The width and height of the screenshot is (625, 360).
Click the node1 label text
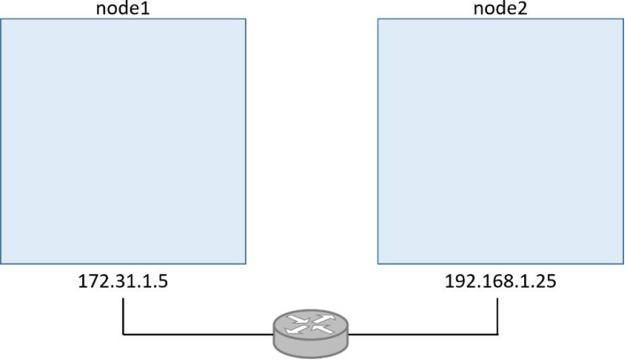click(123, 9)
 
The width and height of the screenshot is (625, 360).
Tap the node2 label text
click(500, 9)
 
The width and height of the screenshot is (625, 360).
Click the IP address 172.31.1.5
click(123, 281)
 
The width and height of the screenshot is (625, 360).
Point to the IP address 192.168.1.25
click(500, 281)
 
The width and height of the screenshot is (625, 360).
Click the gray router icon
click(310, 333)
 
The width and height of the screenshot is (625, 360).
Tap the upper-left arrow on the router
click(298, 319)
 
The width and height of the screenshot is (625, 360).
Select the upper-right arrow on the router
click(324, 319)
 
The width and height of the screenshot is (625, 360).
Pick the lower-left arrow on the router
click(296, 329)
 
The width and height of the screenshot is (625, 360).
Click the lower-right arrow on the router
click(322, 329)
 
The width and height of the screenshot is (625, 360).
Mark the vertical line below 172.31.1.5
click(123, 316)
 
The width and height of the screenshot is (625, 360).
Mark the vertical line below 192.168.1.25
click(498, 316)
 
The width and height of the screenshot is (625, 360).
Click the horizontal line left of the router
click(198, 334)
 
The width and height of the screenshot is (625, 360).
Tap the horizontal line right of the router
click(423, 334)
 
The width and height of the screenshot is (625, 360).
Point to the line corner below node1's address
click(123, 334)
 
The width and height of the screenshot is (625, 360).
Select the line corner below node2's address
click(498, 334)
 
